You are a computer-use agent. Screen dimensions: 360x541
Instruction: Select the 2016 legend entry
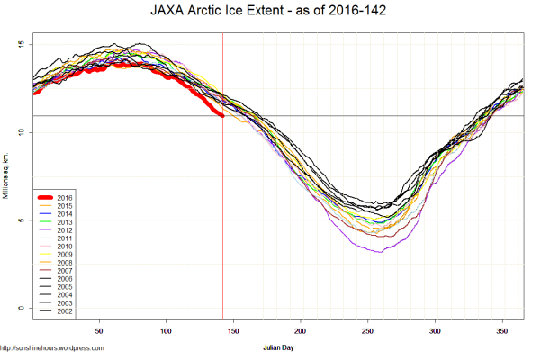(x=63, y=196)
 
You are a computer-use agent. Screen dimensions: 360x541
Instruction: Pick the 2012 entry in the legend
(x=63, y=229)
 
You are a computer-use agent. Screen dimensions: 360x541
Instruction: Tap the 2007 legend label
(x=63, y=270)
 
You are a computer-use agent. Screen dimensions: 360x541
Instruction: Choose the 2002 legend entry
(x=63, y=311)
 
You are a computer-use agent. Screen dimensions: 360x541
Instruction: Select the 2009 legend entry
(x=63, y=254)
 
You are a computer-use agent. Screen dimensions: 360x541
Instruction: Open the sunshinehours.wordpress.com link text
(x=52, y=347)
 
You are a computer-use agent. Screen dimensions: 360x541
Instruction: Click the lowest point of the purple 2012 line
(x=381, y=252)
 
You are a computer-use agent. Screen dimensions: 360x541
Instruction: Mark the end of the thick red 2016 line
(x=222, y=116)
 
